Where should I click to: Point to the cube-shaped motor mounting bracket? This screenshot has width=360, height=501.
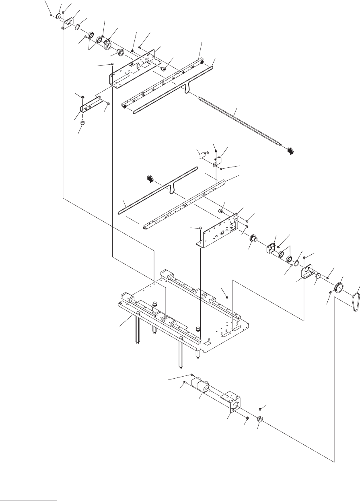(234, 403)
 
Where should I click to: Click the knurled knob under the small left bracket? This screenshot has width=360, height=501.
(82, 122)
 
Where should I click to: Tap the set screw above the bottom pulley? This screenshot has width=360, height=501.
(260, 409)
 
